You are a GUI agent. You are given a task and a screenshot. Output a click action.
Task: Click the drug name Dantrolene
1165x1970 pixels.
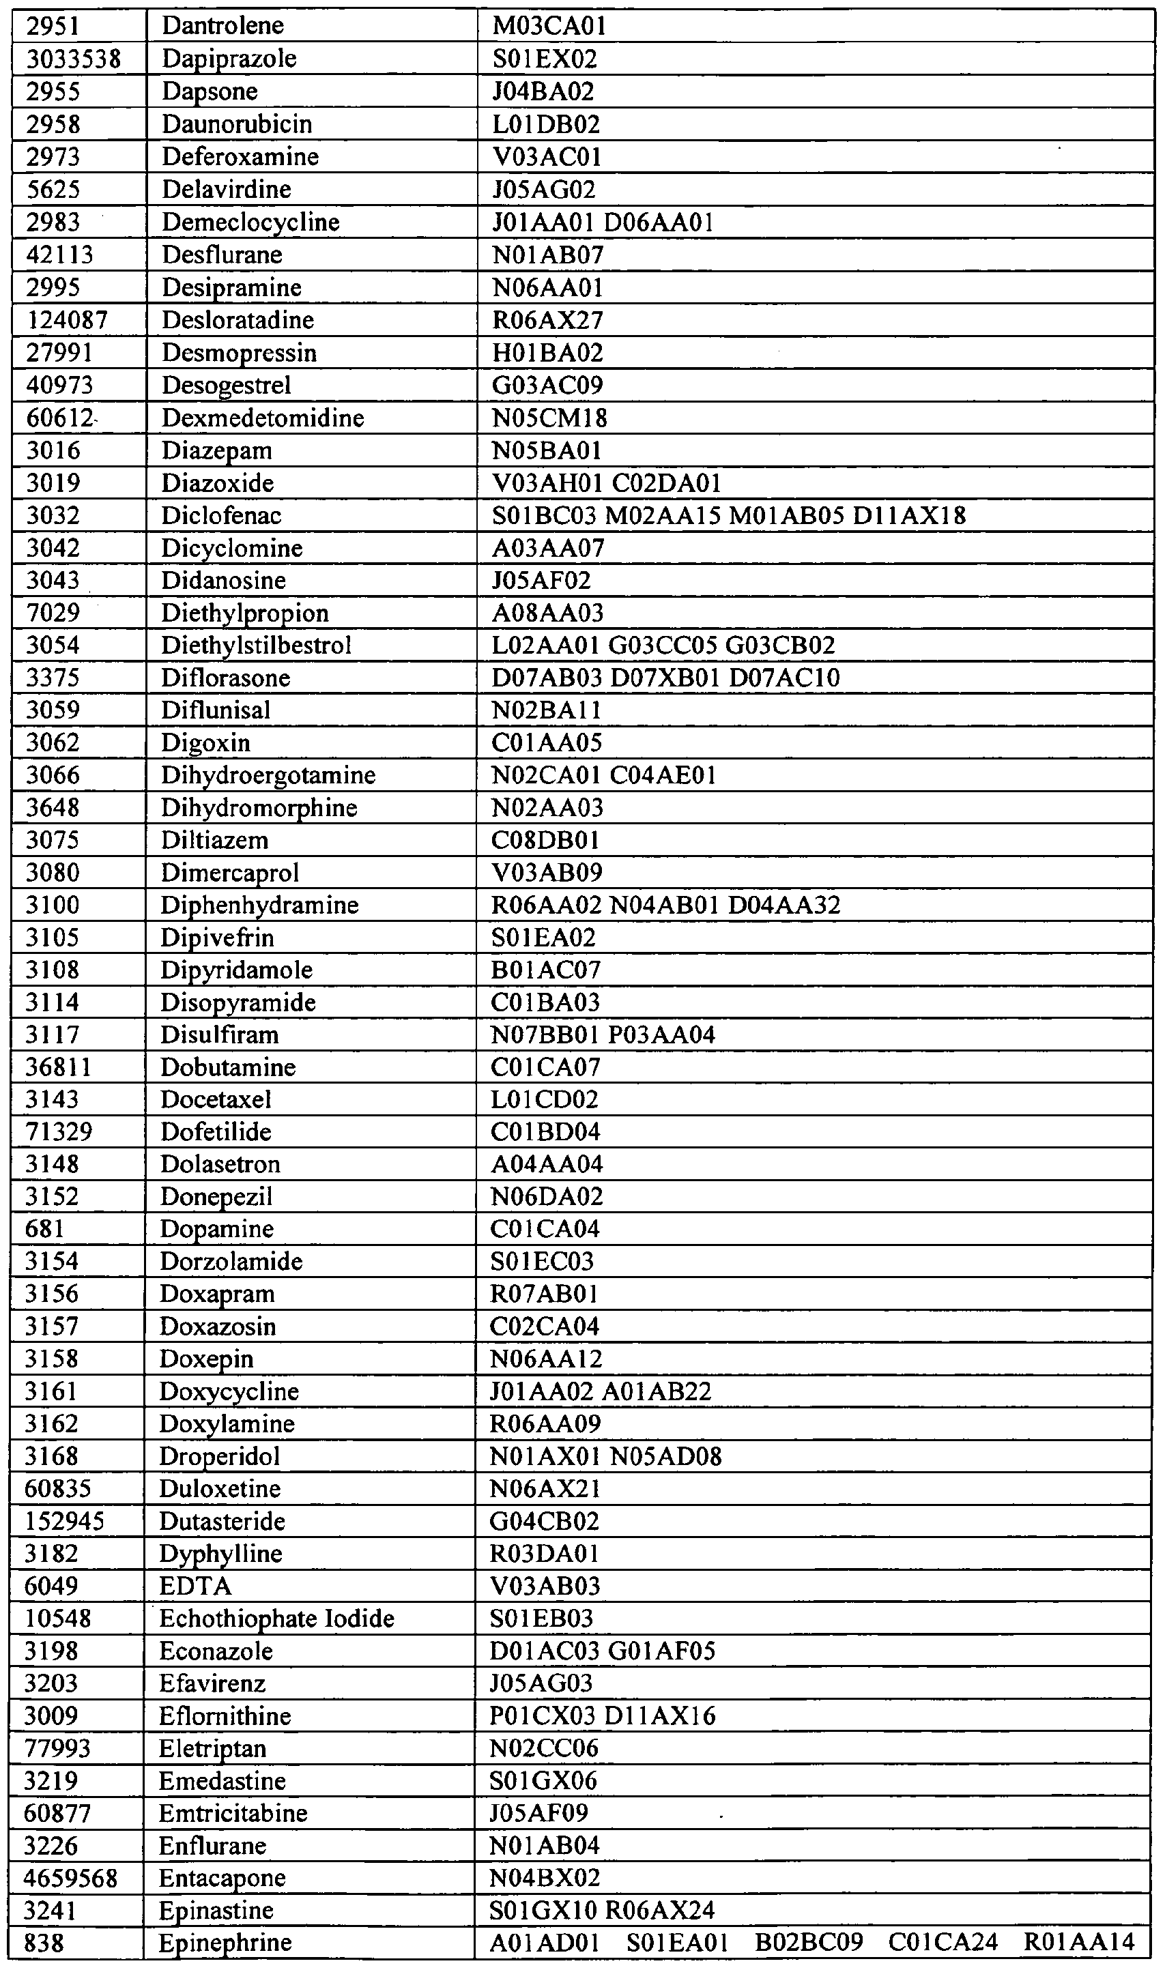pos(222,26)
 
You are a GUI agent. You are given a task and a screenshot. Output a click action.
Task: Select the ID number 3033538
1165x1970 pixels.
pos(74,59)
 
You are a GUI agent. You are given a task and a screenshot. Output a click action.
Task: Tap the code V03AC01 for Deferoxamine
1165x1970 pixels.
pos(547,157)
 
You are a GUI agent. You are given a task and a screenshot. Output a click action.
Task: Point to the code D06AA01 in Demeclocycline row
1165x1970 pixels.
pos(659,222)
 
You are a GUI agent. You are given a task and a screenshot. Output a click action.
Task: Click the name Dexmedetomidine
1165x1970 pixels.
pos(263,418)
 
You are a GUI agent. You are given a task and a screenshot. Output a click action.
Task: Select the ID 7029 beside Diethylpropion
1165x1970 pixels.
pos(53,612)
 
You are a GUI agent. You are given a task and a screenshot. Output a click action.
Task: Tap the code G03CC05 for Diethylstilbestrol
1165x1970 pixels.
pos(663,645)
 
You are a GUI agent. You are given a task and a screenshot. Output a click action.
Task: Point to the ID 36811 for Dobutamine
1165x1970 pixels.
pos(59,1067)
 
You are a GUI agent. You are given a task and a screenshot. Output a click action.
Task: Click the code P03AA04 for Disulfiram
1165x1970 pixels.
pos(662,1034)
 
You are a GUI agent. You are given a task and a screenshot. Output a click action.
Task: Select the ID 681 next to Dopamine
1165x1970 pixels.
pos(45,1229)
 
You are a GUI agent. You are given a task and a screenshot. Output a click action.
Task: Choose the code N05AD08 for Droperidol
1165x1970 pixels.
pos(665,1457)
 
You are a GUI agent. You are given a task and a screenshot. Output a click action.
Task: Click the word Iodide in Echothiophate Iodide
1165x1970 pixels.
pos(360,1619)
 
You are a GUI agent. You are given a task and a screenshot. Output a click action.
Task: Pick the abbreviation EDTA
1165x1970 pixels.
pos(195,1587)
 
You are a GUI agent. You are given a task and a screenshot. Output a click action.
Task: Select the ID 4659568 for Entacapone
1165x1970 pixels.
pos(71,1878)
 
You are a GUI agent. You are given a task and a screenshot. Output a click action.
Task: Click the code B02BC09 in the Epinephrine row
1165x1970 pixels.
pos(809,1943)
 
